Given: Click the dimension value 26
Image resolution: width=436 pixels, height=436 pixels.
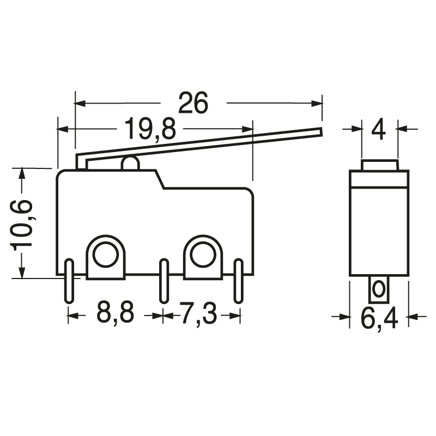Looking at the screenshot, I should click(193, 103).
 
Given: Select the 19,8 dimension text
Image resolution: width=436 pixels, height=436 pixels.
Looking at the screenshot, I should click(149, 129).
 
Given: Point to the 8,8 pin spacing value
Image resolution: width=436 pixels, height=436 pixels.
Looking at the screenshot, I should click(115, 314).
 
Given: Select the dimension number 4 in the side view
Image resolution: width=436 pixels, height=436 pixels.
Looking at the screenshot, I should click(379, 130).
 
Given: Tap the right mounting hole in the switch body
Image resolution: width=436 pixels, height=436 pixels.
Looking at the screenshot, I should click(203, 253).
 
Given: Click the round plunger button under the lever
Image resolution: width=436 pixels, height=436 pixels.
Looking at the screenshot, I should click(130, 163).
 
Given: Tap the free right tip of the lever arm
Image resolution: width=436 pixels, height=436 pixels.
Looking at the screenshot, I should click(320, 131).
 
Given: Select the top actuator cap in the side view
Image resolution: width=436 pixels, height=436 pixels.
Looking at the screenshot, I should click(379, 165).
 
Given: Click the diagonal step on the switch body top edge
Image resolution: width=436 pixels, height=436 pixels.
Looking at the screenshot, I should click(159, 180).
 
